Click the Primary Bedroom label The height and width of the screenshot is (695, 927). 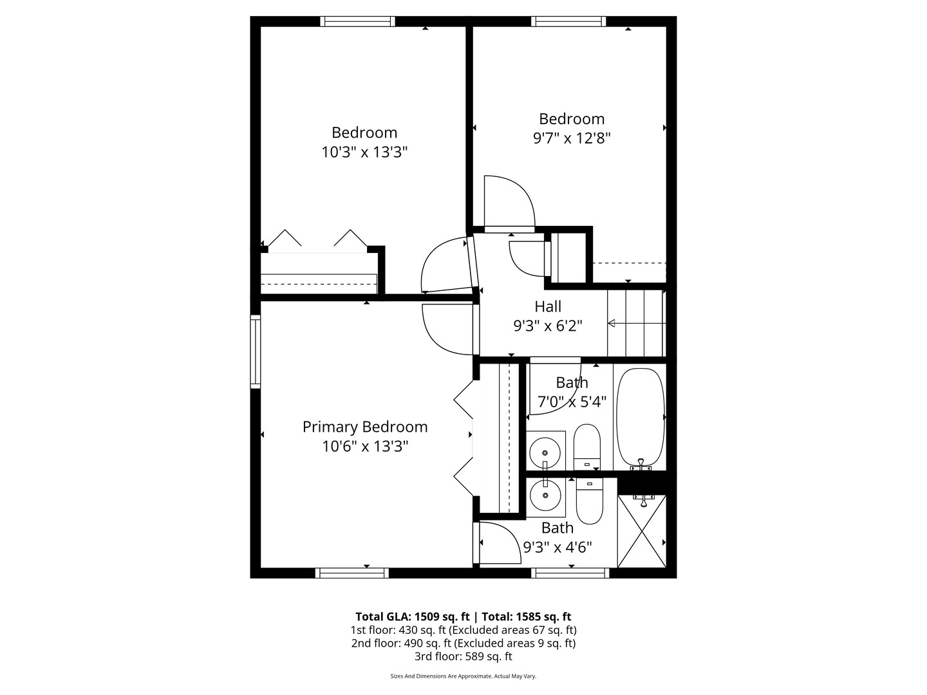click(x=365, y=427)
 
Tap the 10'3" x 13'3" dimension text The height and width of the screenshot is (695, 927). click(x=365, y=153)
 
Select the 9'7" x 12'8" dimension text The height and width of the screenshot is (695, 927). click(x=572, y=138)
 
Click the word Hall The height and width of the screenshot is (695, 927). click(x=548, y=307)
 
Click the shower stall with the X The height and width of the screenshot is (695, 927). click(x=642, y=532)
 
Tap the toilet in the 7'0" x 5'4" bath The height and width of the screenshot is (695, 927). click(x=586, y=446)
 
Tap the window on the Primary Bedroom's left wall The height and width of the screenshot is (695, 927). click(x=256, y=351)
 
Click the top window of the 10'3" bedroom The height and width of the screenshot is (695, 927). click(x=358, y=22)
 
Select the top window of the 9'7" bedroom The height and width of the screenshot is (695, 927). click(x=569, y=22)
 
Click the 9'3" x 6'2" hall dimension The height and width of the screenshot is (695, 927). click(x=548, y=326)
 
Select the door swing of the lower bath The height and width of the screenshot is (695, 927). click(x=500, y=542)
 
